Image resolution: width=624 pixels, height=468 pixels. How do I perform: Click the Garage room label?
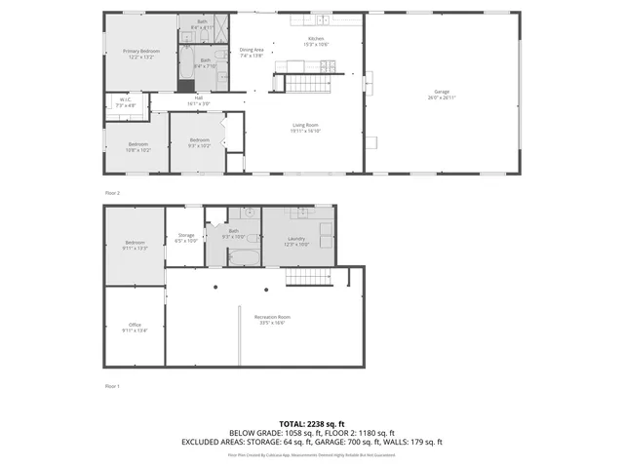[442, 95]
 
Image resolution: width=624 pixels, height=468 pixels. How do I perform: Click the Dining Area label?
[253, 53]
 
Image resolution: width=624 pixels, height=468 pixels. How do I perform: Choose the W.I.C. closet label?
[126, 101]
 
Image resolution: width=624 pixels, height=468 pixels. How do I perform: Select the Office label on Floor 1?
[135, 328]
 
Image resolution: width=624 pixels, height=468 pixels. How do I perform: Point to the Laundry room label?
[297, 241]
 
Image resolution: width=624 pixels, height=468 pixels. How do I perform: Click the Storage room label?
[185, 237]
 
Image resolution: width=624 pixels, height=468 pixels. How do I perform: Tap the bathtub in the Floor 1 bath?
[242, 257]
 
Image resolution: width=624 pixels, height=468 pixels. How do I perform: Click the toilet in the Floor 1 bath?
[253, 237]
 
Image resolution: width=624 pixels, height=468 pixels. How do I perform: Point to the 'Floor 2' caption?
[112, 193]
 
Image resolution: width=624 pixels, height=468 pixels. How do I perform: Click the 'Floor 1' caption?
[112, 386]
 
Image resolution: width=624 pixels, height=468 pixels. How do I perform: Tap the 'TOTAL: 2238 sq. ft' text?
[312, 424]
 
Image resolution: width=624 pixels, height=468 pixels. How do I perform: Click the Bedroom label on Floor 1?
[135, 245]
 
